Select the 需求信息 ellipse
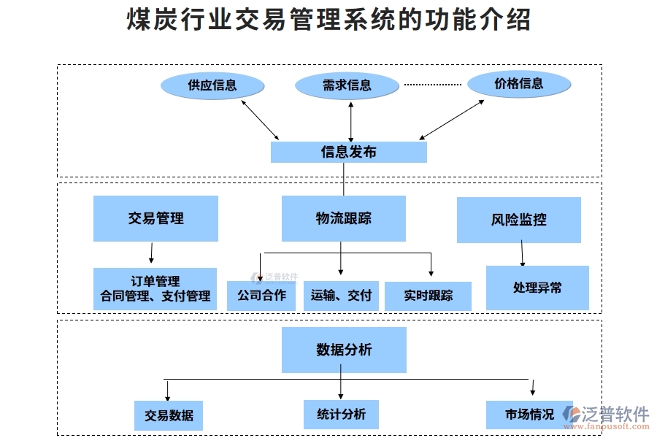[347, 85]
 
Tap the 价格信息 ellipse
[519, 84]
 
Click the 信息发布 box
[348, 152]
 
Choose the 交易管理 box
[155, 218]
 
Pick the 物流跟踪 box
[343, 218]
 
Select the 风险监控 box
[518, 219]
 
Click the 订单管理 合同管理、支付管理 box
[155, 288]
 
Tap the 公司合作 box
[261, 296]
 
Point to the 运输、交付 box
[341, 296]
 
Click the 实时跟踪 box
[428, 296]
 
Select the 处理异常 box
[537, 288]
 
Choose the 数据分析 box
[344, 350]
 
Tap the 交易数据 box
[169, 415]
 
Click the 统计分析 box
[341, 414]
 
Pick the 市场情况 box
[529, 414]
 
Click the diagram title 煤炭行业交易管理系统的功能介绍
[328, 20]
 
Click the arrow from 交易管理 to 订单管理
[151, 253]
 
